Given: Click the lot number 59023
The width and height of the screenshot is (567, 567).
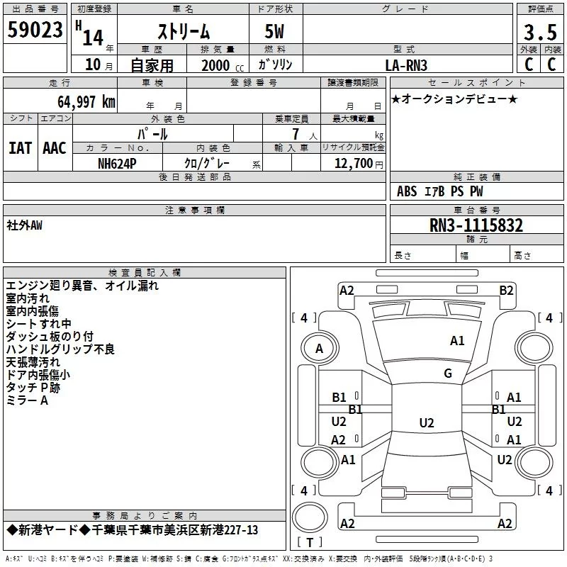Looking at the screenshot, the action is (35, 30).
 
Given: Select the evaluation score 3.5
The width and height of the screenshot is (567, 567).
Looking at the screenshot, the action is (539, 33).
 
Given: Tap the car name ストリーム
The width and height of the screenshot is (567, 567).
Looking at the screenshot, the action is (183, 32).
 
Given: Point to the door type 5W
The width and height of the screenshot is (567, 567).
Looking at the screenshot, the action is (274, 32).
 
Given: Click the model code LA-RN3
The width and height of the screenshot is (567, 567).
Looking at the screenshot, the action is (406, 65).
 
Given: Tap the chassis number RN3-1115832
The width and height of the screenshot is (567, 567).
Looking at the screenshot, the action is (476, 225).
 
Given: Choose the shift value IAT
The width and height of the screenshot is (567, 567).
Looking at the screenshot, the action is (20, 148).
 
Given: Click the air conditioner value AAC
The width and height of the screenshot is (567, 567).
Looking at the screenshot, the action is (54, 148).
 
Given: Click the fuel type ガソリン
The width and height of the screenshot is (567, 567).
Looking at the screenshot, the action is (275, 64).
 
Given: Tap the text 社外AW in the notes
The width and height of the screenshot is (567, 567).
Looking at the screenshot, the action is (24, 225).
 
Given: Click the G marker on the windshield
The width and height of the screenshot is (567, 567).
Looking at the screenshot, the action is (448, 374).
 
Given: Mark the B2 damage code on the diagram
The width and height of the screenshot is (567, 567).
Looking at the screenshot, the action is (506, 290).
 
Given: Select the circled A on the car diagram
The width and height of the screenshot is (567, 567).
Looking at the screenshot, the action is (319, 348).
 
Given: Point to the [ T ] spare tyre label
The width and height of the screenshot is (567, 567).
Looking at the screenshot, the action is (310, 543).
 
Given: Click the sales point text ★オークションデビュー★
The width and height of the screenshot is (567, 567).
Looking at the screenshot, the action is (454, 99).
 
